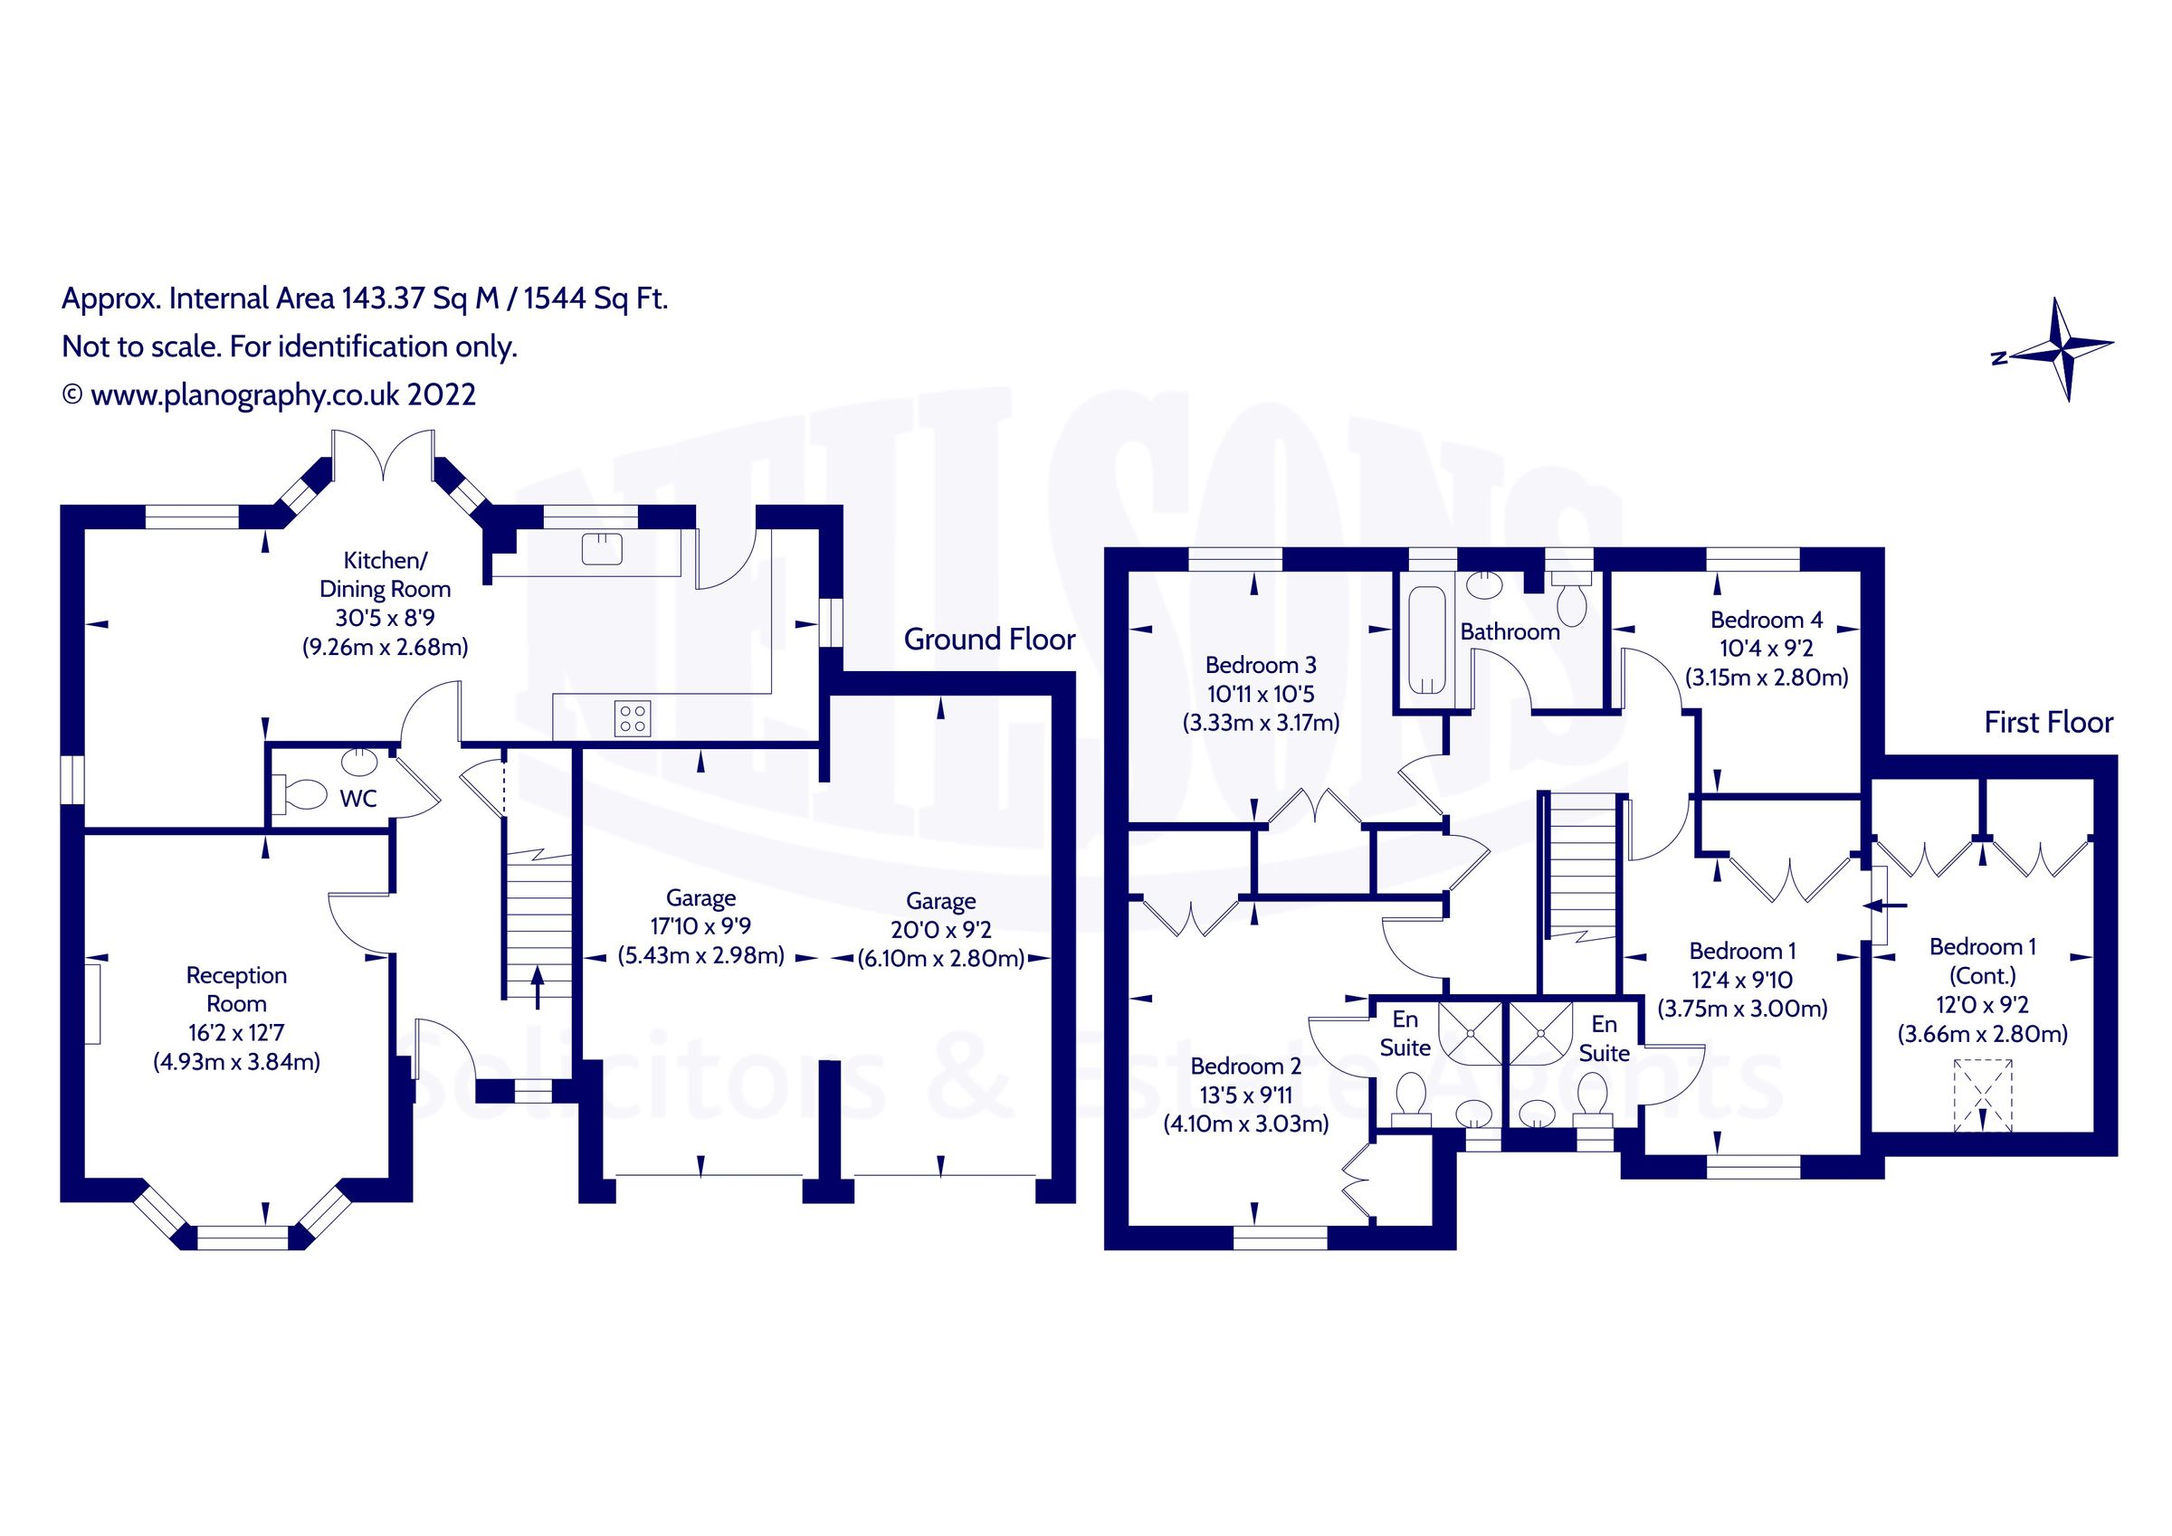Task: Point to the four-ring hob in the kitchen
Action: pyautogui.click(x=632, y=718)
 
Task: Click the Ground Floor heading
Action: pyautogui.click(x=988, y=640)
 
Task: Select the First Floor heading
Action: pyautogui.click(x=2048, y=723)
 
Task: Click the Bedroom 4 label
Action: pyautogui.click(x=1766, y=620)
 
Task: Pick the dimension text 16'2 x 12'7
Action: pyautogui.click(x=235, y=1033)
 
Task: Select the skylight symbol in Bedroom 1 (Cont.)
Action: pyautogui.click(x=1982, y=1096)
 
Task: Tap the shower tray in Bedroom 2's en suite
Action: pyautogui.click(x=1469, y=1034)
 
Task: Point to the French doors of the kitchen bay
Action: pyautogui.click(x=383, y=456)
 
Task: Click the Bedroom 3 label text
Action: pyautogui.click(x=1260, y=665)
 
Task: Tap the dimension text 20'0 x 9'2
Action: pyautogui.click(x=940, y=930)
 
